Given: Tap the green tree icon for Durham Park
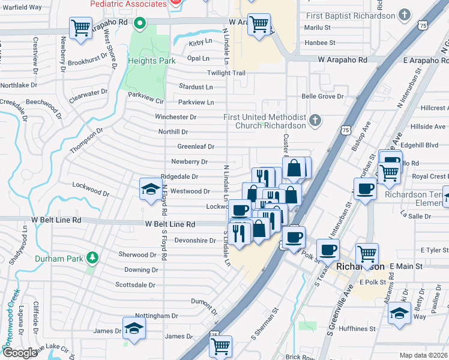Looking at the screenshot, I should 92,258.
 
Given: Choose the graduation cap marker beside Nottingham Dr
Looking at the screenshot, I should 134,328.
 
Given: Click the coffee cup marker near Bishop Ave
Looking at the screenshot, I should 364,189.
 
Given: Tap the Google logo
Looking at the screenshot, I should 20,352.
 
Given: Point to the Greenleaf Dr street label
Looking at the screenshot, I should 196,146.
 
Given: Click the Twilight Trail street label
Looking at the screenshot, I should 226,73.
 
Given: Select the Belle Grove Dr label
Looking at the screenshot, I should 322,96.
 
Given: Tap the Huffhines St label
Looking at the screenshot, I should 356,329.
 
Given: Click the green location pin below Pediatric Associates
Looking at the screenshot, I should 140,24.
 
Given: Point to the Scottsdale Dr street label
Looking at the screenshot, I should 135,285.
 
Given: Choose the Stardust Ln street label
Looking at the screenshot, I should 196,87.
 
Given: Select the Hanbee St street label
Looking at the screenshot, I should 320,43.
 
